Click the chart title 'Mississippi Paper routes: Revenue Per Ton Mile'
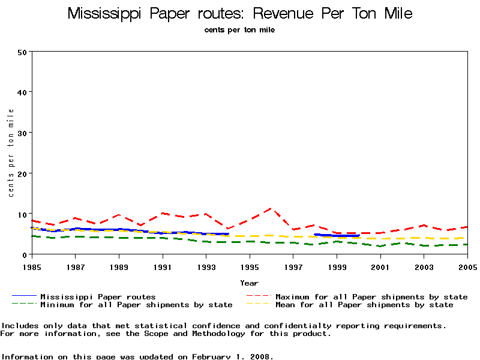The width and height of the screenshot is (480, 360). click(240, 13)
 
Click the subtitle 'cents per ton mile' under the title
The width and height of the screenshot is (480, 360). click(239, 30)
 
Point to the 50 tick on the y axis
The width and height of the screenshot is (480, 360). click(22, 52)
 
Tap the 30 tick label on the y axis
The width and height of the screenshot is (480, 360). click(22, 133)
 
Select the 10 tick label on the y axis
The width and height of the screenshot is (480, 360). click(22, 214)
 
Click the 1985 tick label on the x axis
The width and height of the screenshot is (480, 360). click(31, 266)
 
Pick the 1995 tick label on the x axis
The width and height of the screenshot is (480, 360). click(250, 266)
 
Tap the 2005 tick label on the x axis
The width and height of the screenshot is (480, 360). click(467, 266)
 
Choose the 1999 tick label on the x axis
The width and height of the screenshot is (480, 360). click(337, 266)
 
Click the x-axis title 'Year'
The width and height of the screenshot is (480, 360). click(250, 283)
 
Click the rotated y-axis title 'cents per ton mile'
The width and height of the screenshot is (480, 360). click(11, 152)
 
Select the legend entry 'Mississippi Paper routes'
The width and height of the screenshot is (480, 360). click(98, 296)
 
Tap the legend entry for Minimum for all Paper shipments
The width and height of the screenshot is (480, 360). click(136, 305)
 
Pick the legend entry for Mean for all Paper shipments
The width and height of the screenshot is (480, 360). click(364, 305)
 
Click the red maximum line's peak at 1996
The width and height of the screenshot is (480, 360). click(271, 209)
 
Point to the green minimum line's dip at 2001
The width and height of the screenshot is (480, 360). click(380, 246)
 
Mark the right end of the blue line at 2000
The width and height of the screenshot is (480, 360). click(358, 236)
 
